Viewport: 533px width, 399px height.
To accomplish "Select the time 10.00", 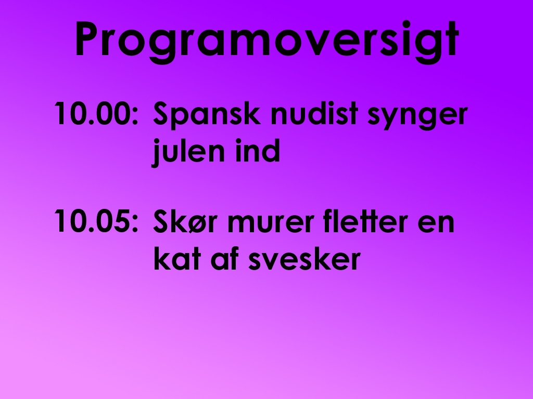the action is (92, 113).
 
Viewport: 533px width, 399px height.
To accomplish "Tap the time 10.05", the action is (92, 221).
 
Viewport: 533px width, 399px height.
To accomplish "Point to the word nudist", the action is (314, 113).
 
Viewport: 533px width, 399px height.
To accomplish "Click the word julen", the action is (188, 152).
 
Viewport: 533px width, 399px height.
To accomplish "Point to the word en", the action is (436, 223).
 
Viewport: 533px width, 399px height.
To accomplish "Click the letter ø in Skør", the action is (196, 223).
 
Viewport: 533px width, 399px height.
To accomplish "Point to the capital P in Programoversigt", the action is (87, 38).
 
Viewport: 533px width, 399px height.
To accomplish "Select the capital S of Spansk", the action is (161, 113).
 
